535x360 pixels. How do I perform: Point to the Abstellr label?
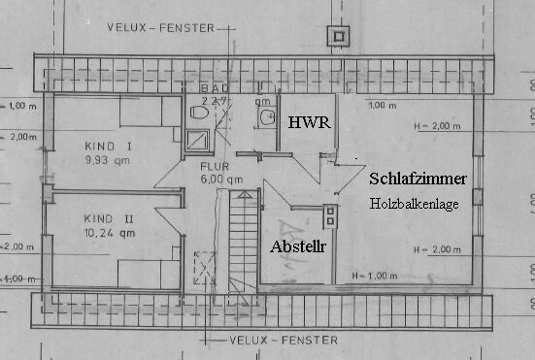coord(298,246)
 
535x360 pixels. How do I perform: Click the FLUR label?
coord(216,165)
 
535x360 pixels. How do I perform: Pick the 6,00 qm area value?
coord(220,180)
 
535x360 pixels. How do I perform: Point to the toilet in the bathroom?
coord(199,115)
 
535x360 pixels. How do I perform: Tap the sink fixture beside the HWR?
coord(265,117)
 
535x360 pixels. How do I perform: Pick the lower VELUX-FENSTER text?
coord(285,341)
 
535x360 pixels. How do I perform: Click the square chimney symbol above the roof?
coord(339,37)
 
